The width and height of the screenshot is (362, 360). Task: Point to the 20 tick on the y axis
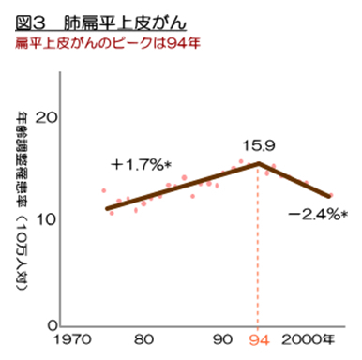[x=46, y=118]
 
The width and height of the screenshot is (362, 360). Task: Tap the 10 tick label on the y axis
[x=46, y=221]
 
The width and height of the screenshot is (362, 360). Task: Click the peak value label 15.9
[x=258, y=146]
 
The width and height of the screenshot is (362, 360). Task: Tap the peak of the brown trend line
[x=259, y=163]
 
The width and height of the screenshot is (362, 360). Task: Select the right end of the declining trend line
[x=329, y=196]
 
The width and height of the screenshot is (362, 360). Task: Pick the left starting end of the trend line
[x=106, y=207]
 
